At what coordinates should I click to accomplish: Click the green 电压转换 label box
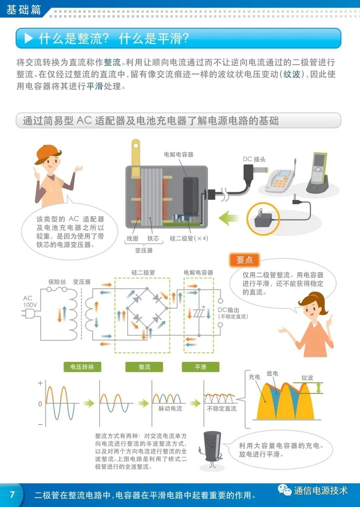(82, 367)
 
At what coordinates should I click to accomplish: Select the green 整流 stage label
(144, 367)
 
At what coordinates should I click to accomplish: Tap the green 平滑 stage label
(200, 367)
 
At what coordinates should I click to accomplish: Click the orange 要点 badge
(244, 260)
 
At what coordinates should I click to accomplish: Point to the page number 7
(12, 494)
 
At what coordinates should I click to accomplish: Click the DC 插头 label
(254, 159)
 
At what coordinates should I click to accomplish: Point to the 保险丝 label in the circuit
(57, 282)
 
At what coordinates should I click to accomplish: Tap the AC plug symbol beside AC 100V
(29, 314)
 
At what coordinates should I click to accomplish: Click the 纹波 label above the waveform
(307, 378)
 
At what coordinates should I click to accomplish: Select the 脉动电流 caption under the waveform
(170, 409)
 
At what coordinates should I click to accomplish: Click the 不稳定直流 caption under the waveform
(222, 409)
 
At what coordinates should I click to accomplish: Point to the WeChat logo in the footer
(284, 490)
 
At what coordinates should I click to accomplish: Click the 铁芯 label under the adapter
(153, 238)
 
